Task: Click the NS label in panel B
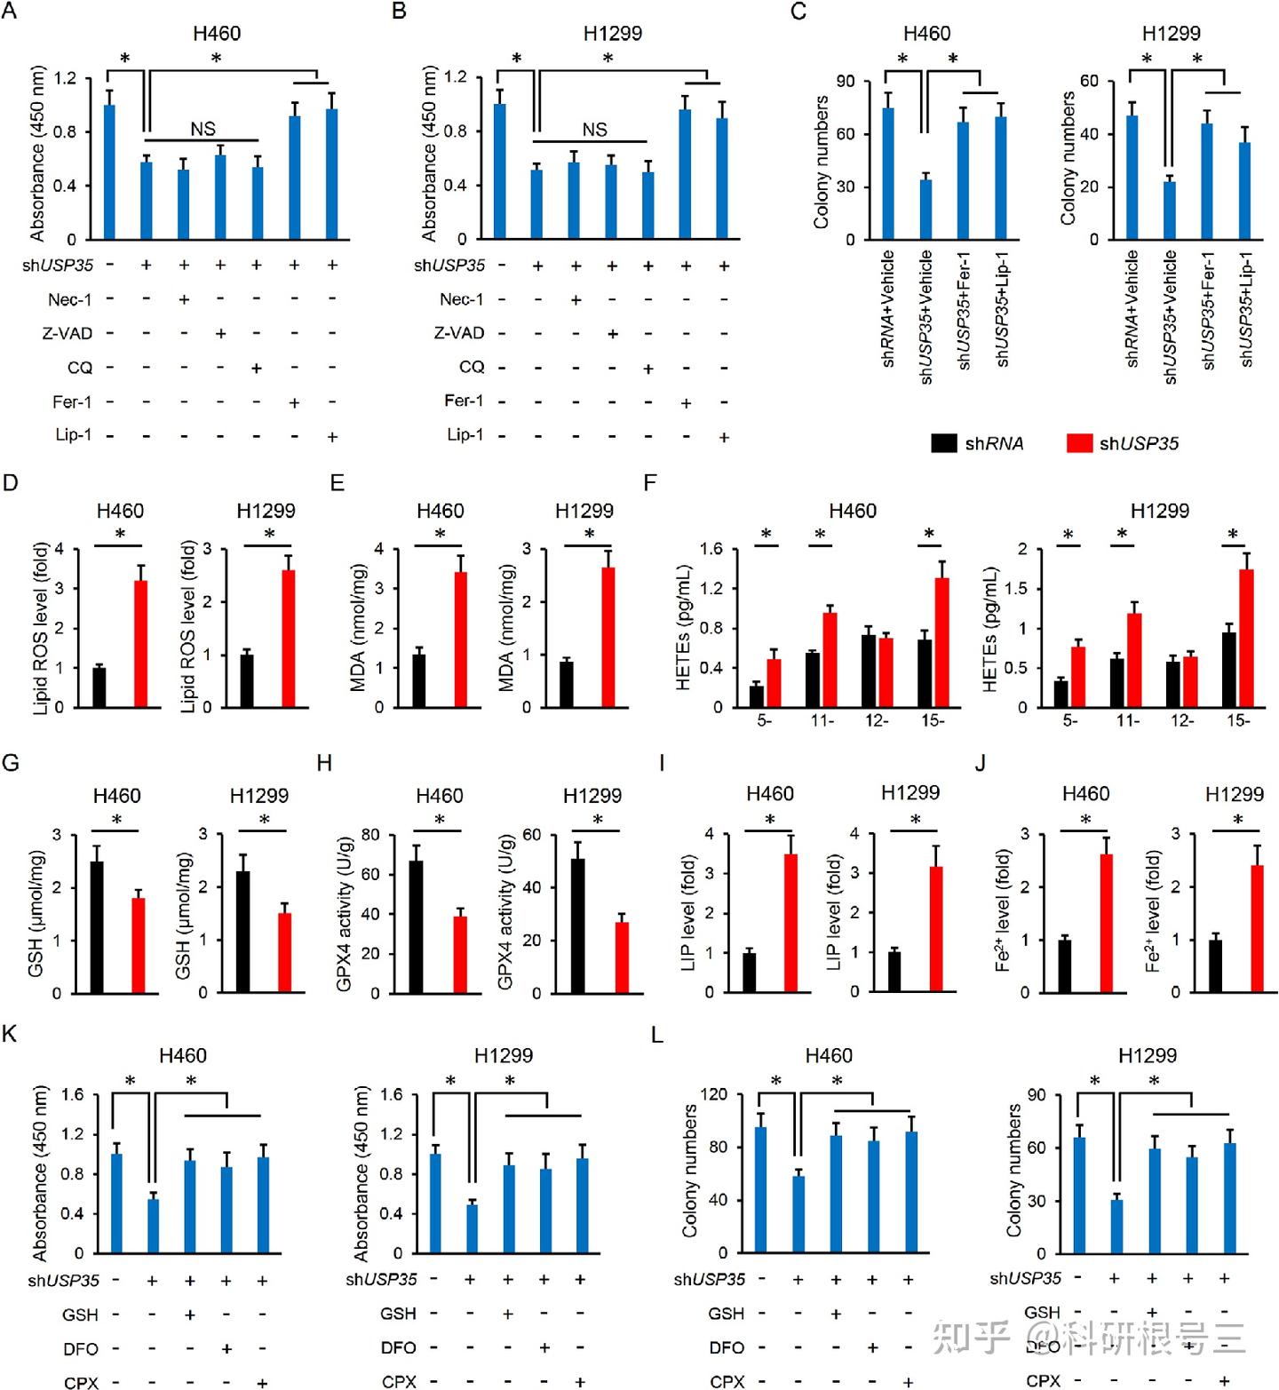(594, 130)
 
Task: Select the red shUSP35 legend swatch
(1078, 442)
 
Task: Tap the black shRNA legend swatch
(943, 442)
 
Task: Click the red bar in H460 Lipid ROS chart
(141, 643)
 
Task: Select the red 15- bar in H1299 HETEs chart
(1246, 638)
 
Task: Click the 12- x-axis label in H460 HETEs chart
(877, 720)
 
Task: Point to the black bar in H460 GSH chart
(97, 926)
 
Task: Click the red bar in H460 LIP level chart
(790, 922)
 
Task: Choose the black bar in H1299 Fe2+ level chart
(1215, 965)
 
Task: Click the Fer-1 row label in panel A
(72, 402)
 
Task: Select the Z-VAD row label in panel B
(459, 333)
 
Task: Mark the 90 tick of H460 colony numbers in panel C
(845, 82)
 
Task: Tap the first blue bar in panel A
(109, 172)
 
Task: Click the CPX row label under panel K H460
(81, 1382)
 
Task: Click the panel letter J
(980, 763)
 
